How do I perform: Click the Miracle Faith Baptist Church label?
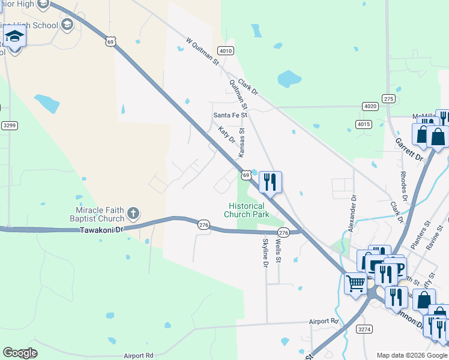(100, 214)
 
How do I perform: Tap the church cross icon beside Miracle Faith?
(133, 212)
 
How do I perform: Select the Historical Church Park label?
(246, 210)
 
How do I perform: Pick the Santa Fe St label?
(231, 115)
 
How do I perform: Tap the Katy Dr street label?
(226, 135)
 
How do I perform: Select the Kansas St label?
(242, 142)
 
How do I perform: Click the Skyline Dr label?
(265, 253)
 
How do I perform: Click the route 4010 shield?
(226, 51)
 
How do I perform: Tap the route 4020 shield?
(370, 106)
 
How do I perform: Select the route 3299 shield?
(9, 125)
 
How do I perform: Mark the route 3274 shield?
(364, 329)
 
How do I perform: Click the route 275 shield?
(388, 99)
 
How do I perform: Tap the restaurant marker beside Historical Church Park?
(270, 181)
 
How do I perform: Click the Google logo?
(20, 353)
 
